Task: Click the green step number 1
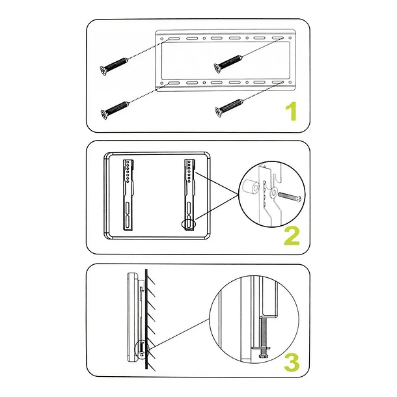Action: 291,111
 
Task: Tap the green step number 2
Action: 292,236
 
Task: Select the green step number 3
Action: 292,363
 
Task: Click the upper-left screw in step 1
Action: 114,66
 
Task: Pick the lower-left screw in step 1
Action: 115,111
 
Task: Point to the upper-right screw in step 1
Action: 228,64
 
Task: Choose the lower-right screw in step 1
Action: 229,109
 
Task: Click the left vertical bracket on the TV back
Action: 128,195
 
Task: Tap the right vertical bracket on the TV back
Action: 190,195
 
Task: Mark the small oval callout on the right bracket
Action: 189,224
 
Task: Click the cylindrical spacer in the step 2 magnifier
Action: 251,187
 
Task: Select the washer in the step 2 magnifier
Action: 273,193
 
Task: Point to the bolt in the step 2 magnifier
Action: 290,196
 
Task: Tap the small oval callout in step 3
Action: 141,349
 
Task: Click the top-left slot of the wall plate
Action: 174,39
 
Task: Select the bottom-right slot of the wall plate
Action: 277,83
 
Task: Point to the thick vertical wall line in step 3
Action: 146,319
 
